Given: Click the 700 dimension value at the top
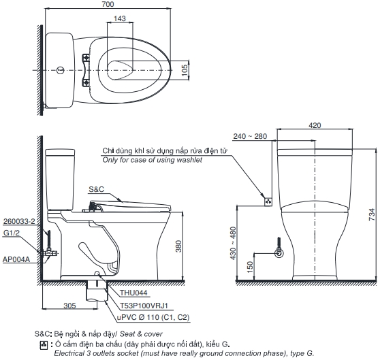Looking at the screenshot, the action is coord(108,4).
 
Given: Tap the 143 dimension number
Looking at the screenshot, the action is coord(120,18).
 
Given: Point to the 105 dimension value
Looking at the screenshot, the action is coord(185,70).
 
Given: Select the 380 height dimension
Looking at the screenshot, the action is coord(178,246).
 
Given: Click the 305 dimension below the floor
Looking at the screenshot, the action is coord(69,306).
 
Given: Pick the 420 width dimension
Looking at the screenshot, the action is coord(315,125).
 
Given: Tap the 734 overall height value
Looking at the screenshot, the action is coord(372,214).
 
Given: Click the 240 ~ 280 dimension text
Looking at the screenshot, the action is coord(250,136).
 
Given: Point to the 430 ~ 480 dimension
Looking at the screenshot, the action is coord(233,243).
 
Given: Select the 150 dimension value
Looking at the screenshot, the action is coord(250,267).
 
